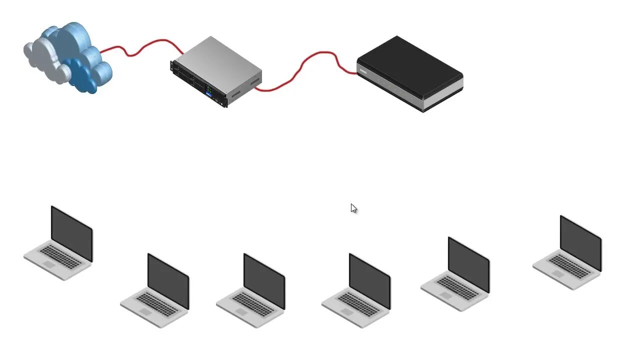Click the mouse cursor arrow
[353, 208]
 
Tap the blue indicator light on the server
[208, 93]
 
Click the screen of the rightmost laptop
[580, 243]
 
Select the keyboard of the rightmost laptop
[569, 266]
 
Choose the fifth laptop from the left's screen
[468, 264]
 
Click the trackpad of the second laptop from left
[145, 312]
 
